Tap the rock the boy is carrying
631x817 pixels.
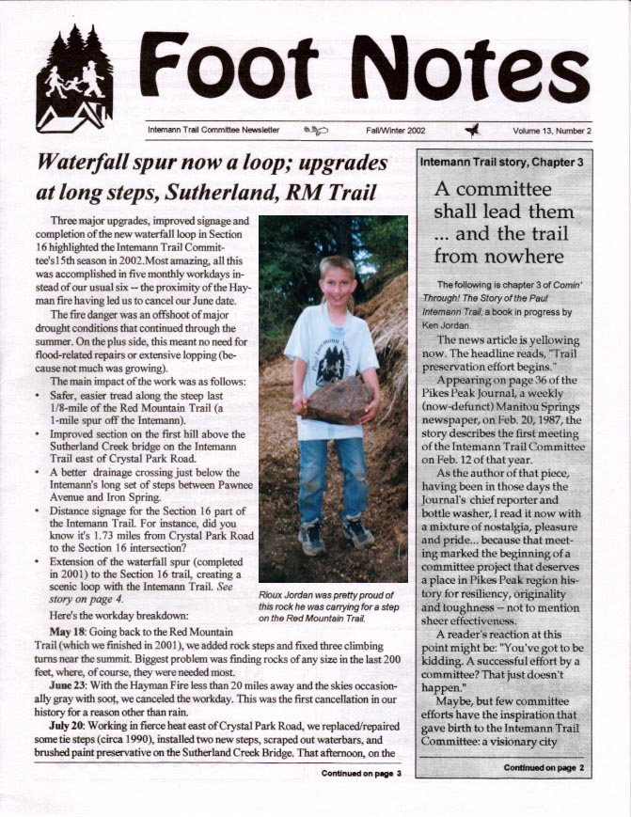(337, 400)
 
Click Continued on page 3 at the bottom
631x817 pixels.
(361, 773)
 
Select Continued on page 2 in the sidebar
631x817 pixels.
(544, 768)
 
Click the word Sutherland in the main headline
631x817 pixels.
(237, 195)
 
